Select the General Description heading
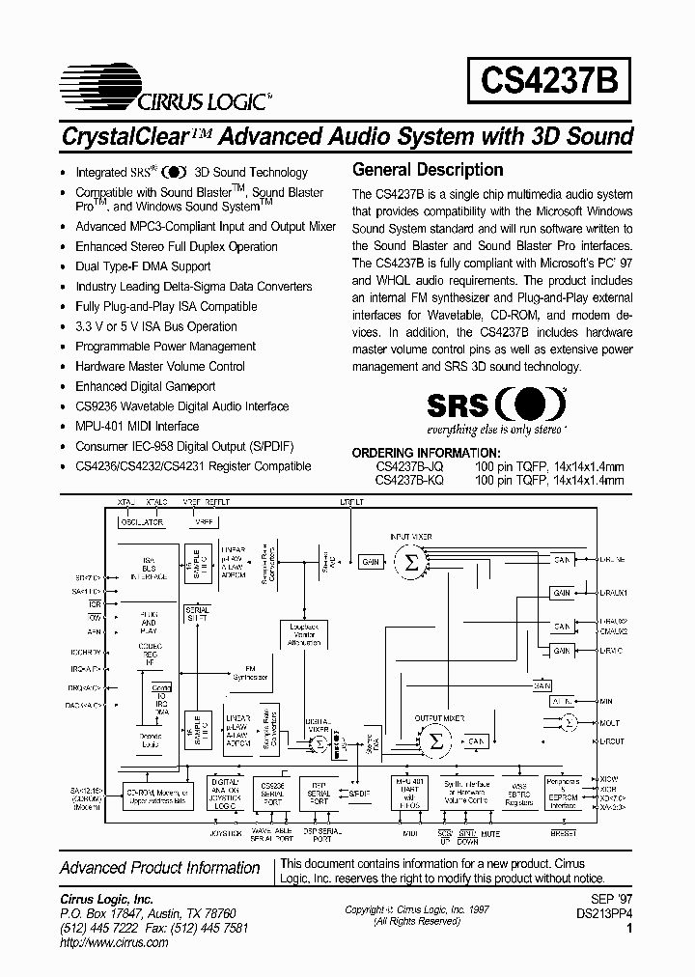coord(428,170)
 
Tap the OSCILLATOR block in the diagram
coord(141,522)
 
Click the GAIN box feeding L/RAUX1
coord(563,592)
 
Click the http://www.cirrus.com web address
coord(114,942)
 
